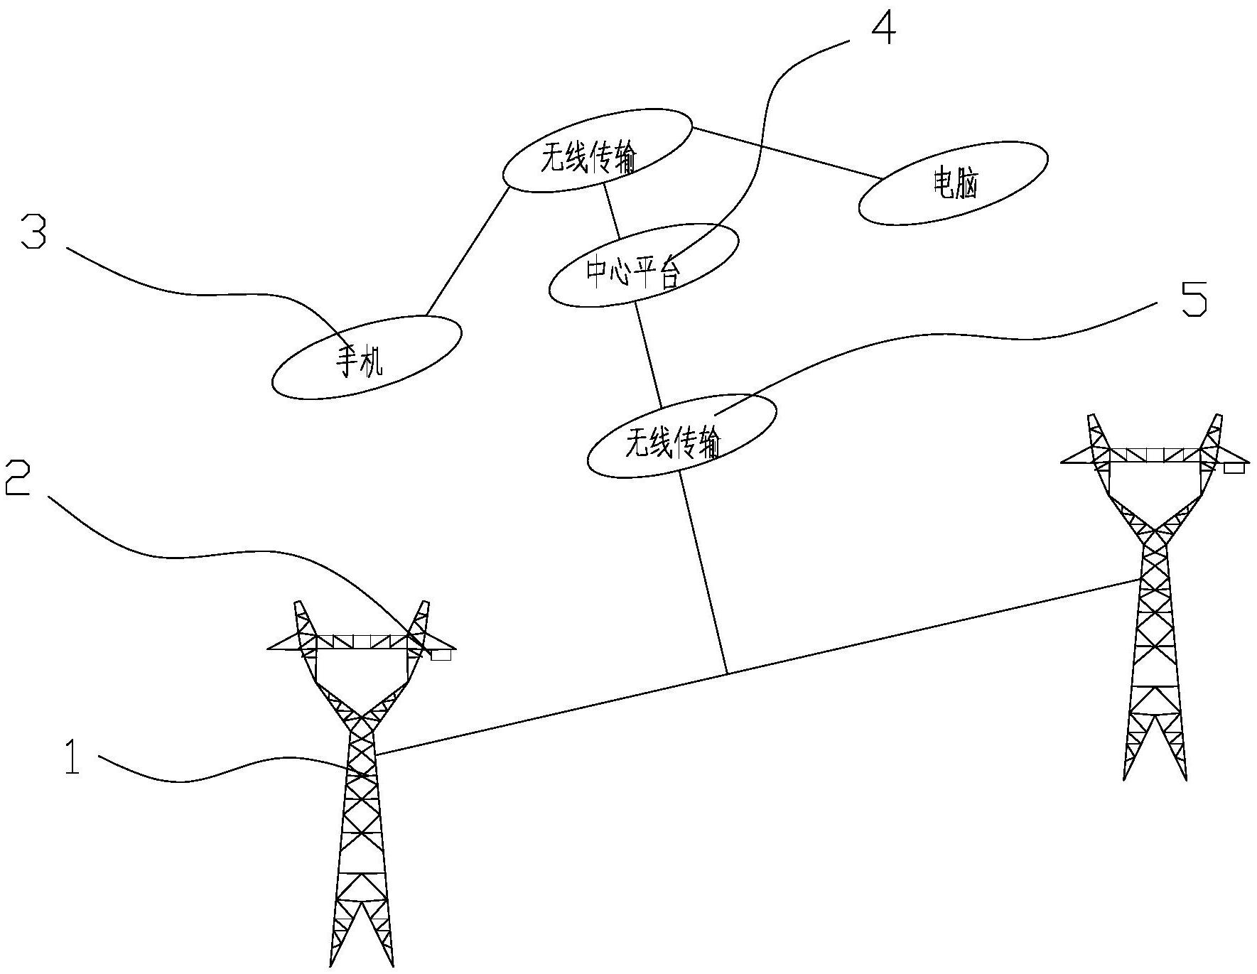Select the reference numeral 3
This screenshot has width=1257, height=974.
[x=33, y=232]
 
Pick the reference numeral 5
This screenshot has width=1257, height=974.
[x=1194, y=299]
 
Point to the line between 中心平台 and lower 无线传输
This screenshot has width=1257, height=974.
[x=648, y=355]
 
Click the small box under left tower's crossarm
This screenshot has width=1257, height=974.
[x=441, y=655]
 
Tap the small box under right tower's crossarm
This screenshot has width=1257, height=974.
[x=1236, y=467]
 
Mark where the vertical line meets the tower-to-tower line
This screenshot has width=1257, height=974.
[x=726, y=673]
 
